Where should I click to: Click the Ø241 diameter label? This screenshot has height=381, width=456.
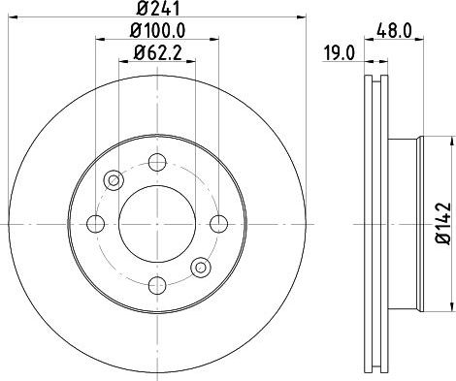tap(158, 8)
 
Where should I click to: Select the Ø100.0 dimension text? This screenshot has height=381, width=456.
tap(157, 31)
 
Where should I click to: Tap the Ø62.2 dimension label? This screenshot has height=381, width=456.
tap(157, 52)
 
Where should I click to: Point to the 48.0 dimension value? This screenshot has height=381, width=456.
tap(394, 31)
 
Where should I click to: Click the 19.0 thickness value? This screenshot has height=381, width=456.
tap(340, 53)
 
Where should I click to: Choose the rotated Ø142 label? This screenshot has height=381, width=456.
tap(443, 224)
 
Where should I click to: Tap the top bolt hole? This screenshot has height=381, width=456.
tap(157, 162)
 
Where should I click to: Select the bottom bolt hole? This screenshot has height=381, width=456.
tap(157, 285)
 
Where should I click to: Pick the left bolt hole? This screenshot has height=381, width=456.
tap(96, 224)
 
